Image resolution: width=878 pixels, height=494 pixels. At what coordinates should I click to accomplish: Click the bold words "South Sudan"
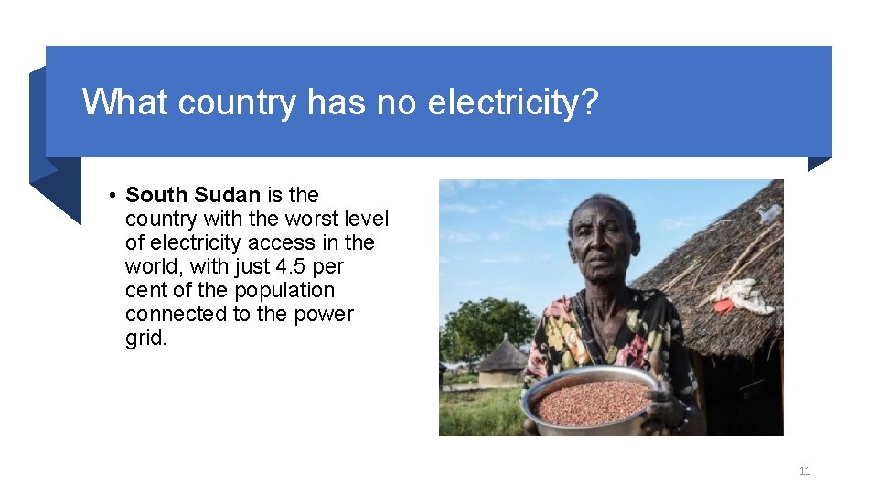click(x=193, y=195)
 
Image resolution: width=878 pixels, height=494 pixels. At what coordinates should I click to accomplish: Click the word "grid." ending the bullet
click(x=146, y=338)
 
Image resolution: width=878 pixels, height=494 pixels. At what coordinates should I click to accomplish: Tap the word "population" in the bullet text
click(x=284, y=291)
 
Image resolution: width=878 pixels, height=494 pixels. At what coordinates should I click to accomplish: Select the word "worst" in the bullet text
click(x=312, y=220)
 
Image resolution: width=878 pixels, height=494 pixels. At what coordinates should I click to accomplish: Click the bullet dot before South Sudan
click(x=109, y=196)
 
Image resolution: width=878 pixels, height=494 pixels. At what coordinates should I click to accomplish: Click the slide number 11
click(x=805, y=471)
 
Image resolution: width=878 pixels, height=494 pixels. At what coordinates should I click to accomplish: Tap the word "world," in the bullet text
click(x=155, y=267)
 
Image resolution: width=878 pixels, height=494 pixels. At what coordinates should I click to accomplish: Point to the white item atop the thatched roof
click(x=769, y=213)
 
